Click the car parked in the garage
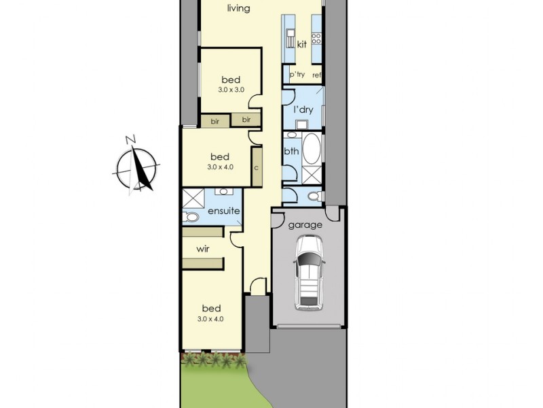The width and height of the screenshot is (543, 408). pyautogui.click(x=308, y=273)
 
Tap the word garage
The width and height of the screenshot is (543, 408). pyautogui.click(x=305, y=225)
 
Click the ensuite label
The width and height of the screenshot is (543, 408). pyautogui.click(x=224, y=211)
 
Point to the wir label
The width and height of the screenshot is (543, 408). pyautogui.click(x=202, y=249)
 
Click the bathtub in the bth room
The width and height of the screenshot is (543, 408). pyautogui.click(x=312, y=149)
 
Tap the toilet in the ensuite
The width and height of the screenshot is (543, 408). pyautogui.click(x=191, y=217)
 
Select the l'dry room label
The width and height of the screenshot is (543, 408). pyautogui.click(x=303, y=109)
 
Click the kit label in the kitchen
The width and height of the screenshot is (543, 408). pyautogui.click(x=302, y=44)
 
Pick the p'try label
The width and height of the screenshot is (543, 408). pyautogui.click(x=297, y=74)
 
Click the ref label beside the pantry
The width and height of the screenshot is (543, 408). pyautogui.click(x=316, y=75)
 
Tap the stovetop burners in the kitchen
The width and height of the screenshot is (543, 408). pyautogui.click(x=316, y=38)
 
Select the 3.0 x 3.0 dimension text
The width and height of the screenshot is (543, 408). pyautogui.click(x=231, y=90)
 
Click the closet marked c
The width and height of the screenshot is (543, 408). pyautogui.click(x=257, y=167)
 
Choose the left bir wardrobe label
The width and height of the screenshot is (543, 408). pyautogui.click(x=215, y=122)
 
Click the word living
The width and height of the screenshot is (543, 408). pyautogui.click(x=239, y=8)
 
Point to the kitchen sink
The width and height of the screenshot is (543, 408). pyautogui.click(x=291, y=39)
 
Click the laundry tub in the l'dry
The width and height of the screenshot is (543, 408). pyautogui.click(x=302, y=124)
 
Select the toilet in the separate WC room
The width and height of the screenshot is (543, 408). pyautogui.click(x=314, y=197)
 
